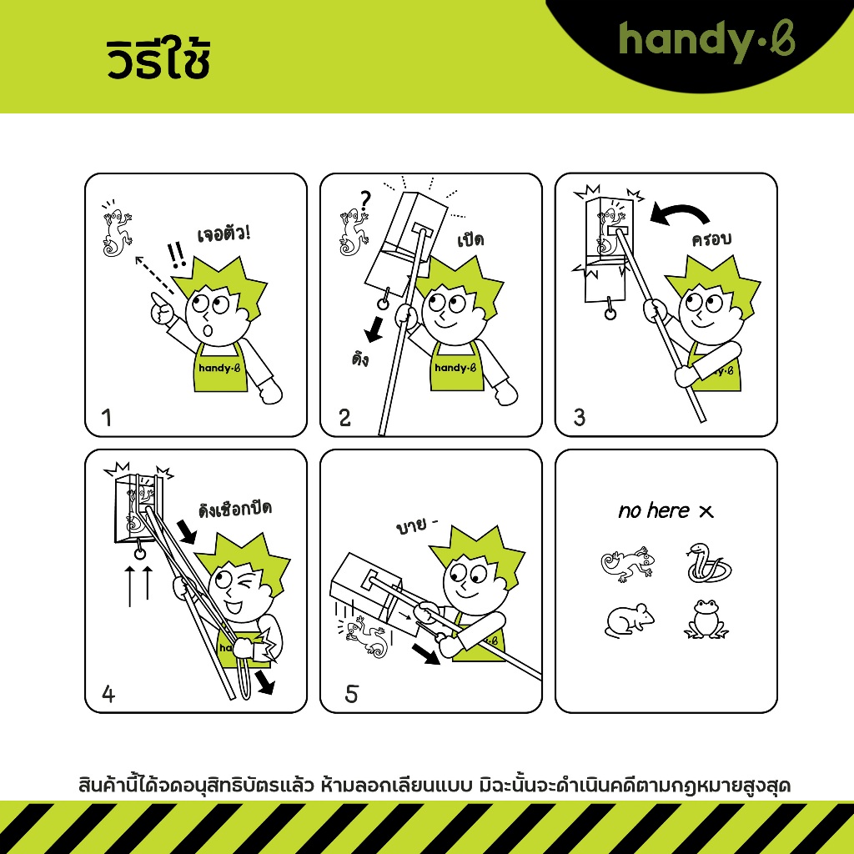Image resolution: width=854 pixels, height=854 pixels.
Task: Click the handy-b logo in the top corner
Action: pos(706,41)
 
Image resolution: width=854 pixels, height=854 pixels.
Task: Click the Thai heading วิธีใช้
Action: pos(158,58)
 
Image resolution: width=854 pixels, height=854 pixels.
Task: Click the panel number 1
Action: pos(107,418)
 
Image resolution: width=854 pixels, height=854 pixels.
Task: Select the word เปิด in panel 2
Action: pos(470,239)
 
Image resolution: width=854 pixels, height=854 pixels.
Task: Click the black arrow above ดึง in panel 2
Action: pos(374,329)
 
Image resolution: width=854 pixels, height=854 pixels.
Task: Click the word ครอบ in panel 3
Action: pos(711,239)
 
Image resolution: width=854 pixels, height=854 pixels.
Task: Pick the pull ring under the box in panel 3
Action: pos(610,314)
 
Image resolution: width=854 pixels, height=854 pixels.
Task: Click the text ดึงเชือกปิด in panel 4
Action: pos(235,510)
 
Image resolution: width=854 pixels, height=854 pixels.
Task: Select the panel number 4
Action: pos(108,694)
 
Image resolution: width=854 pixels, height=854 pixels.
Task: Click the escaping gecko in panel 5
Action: pos(365,635)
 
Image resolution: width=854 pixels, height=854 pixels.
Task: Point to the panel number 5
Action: pos(351,694)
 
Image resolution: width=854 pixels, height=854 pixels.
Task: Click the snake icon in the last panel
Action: pos(708,564)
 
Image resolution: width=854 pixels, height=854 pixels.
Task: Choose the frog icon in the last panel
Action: pos(706,620)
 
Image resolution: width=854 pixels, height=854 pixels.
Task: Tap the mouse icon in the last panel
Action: pos(630,620)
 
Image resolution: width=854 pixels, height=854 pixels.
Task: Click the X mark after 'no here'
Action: pos(706,511)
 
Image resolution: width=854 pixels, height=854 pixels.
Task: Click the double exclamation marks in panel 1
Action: pos(177,255)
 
